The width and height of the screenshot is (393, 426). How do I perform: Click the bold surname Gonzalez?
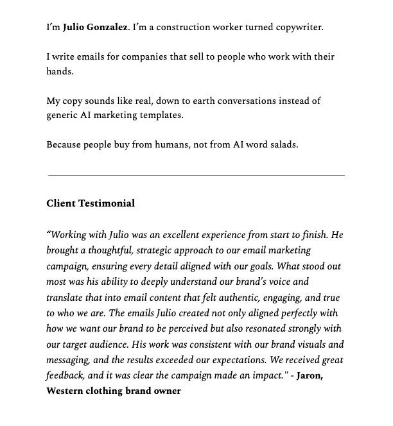click(x=105, y=28)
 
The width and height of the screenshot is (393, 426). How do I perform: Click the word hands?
click(x=59, y=72)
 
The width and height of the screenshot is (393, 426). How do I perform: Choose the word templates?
click(x=160, y=115)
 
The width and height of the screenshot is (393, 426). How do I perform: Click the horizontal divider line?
click(x=196, y=175)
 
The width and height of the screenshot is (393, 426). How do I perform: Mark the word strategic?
click(x=150, y=251)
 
